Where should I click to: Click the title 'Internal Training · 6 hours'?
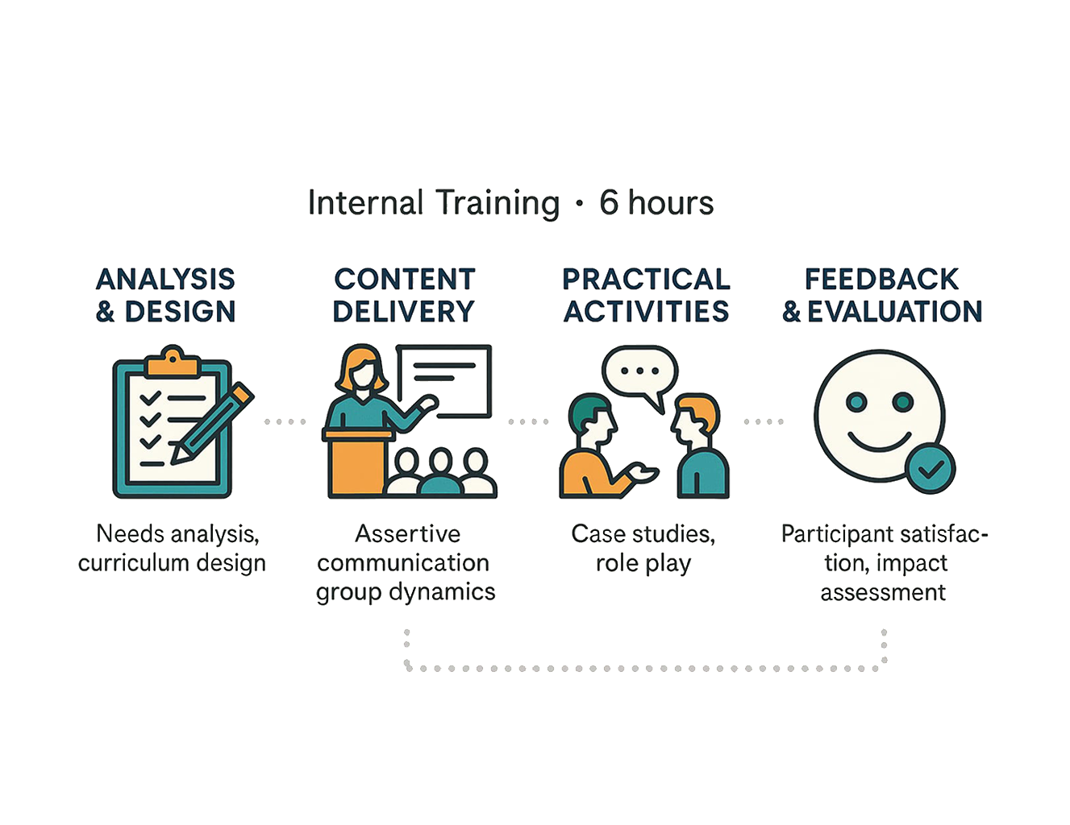pos(511,203)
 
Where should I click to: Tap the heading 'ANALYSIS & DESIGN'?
pos(166,295)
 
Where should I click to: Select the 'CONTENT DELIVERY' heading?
pos(404,295)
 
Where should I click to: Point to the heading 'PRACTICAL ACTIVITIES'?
pos(646,295)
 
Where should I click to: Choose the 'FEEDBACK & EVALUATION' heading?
pos(882,295)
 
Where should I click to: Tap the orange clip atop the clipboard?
pos(173,363)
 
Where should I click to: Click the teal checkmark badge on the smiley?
pos(929,467)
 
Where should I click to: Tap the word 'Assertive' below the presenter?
pos(408,534)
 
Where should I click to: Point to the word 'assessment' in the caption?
pos(883,593)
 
